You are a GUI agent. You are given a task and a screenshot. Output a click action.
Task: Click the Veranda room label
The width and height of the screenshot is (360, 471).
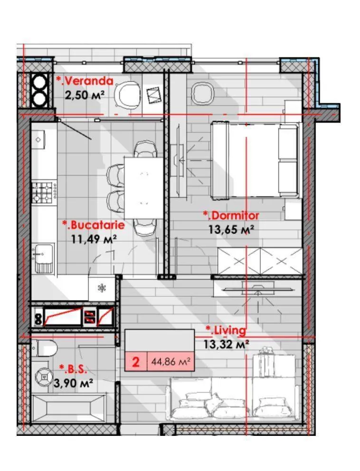[85, 81]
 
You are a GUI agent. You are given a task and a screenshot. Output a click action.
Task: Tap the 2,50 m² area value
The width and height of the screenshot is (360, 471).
[85, 95]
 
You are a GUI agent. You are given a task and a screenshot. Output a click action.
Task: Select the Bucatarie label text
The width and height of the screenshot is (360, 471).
[94, 225]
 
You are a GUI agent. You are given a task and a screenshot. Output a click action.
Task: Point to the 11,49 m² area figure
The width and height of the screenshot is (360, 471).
[94, 239]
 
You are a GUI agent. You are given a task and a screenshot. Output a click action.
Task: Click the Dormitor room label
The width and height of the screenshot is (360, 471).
[231, 215]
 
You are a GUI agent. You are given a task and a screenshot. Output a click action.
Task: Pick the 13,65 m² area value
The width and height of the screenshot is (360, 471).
[231, 230]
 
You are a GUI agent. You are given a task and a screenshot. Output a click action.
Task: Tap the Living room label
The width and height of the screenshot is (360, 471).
[226, 330]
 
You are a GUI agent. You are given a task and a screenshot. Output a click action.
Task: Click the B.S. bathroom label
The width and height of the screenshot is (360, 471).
[73, 369]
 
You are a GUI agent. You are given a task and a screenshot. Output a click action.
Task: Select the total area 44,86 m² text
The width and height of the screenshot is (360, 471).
[171, 361]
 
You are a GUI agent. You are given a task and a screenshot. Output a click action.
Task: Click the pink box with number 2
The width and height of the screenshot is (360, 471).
[136, 361]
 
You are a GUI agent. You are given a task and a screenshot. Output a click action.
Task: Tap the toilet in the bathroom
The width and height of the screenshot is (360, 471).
[45, 349]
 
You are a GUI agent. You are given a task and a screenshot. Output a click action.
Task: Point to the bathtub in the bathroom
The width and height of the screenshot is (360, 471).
[68, 408]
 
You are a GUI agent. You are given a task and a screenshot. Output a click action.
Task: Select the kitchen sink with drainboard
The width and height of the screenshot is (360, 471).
[44, 258]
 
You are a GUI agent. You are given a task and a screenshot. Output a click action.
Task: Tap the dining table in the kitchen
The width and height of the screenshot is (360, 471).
[143, 188]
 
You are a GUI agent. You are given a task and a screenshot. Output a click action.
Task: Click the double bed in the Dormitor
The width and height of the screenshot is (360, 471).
[256, 160]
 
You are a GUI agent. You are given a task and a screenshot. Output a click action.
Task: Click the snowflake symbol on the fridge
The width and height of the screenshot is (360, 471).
[102, 288]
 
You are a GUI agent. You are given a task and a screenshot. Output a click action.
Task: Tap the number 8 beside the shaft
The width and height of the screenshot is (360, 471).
[38, 319]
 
